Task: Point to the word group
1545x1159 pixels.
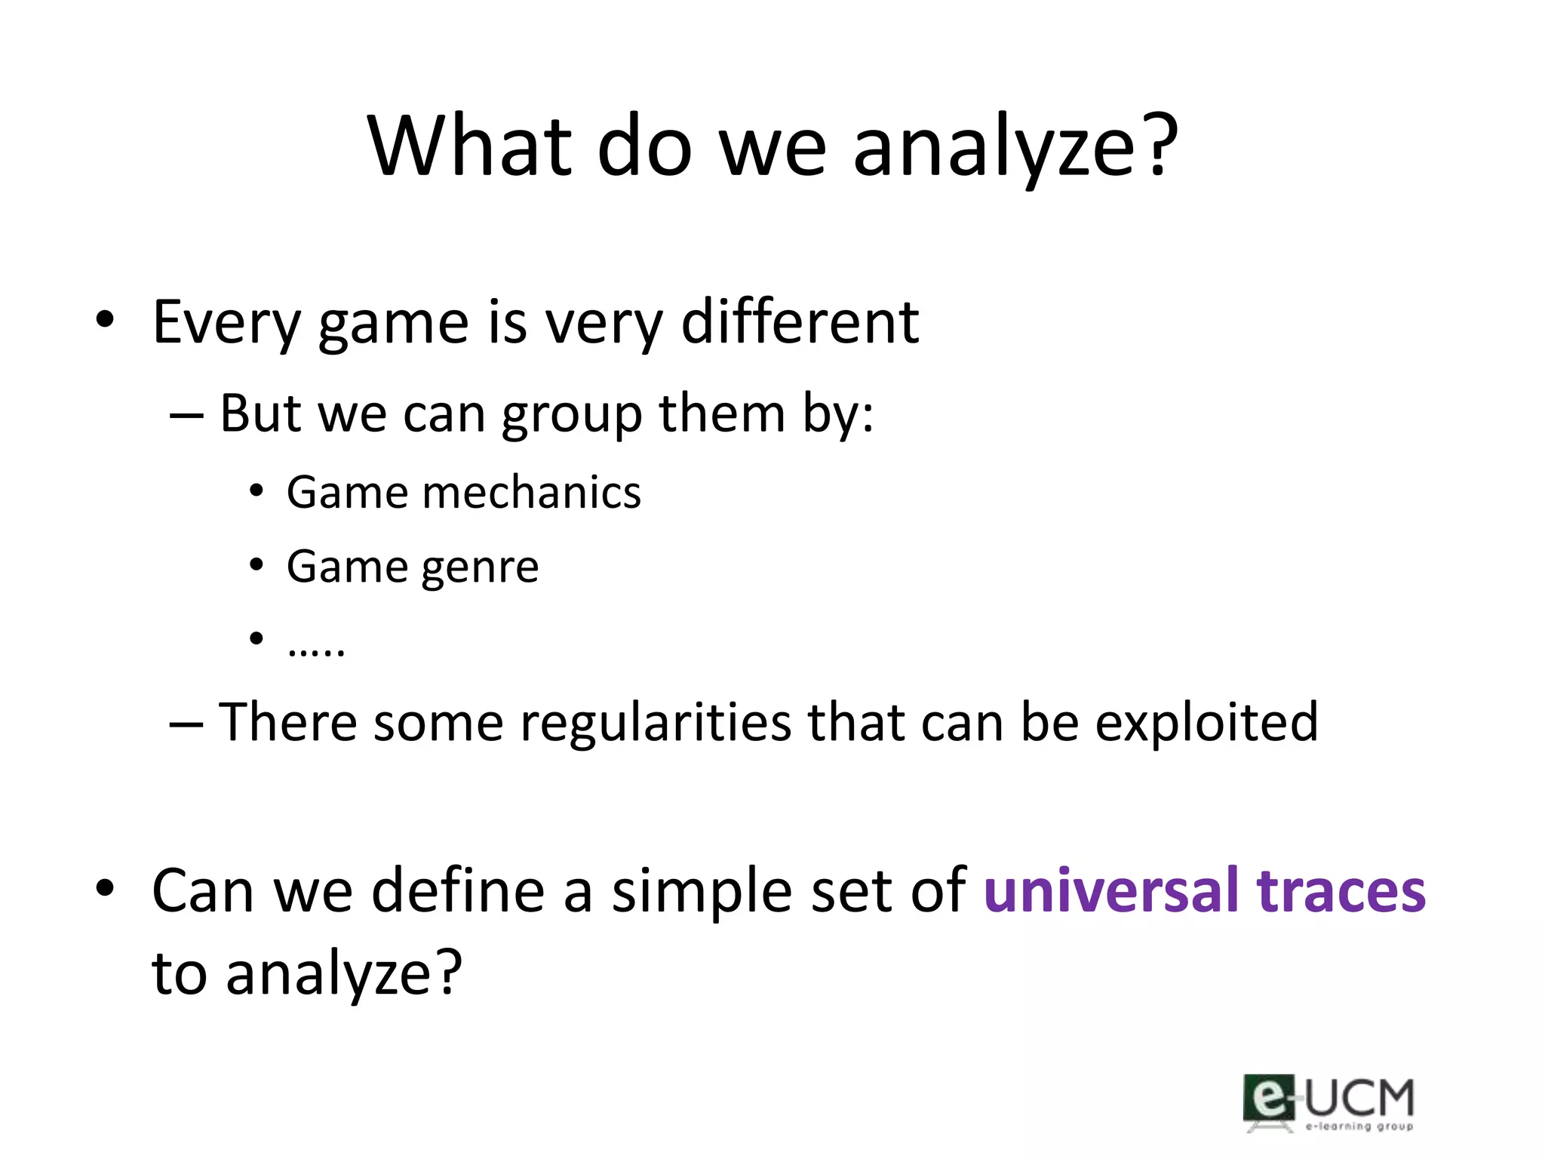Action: (571, 415)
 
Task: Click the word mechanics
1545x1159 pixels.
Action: (532, 493)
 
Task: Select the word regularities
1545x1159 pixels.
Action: (656, 722)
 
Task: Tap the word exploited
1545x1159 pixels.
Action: (1206, 724)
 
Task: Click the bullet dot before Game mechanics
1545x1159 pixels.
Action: (256, 491)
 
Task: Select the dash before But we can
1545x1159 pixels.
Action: (186, 416)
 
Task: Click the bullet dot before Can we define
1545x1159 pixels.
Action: (105, 888)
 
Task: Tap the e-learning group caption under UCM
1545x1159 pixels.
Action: (1359, 1127)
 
